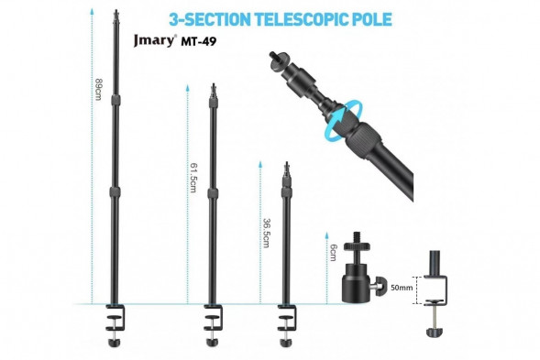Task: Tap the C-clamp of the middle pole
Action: (212, 321)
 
